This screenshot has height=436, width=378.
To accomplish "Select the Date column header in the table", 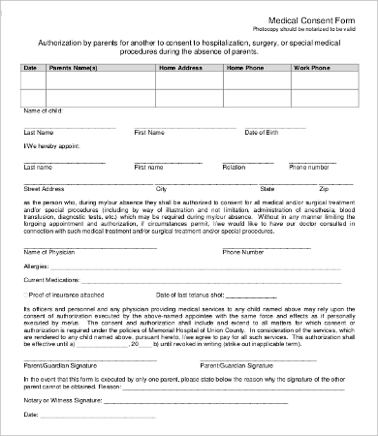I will [x=30, y=67].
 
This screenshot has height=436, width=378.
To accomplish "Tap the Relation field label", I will [x=234, y=167].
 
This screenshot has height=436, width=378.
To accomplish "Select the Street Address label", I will [x=45, y=188].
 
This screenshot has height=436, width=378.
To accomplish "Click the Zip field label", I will [x=324, y=188].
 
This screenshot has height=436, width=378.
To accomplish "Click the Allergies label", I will [x=35, y=265].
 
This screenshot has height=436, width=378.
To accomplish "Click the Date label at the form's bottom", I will [x=29, y=415].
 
